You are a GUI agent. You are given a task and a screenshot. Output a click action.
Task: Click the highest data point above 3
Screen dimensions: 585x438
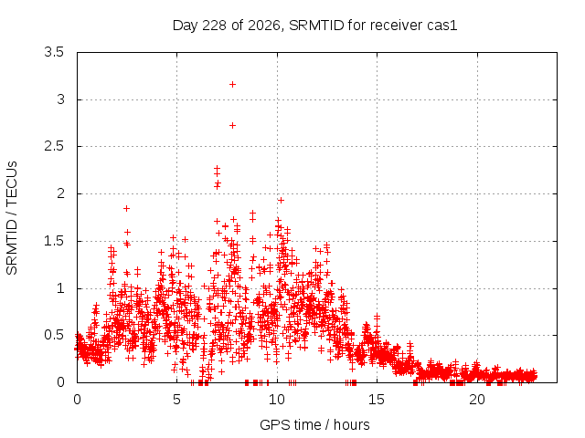pyautogui.click(x=232, y=85)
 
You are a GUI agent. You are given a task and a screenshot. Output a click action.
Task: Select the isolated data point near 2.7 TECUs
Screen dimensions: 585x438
pyautogui.click(x=232, y=126)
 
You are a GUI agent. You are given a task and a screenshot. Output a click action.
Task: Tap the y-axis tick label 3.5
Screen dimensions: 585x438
pyautogui.click(x=54, y=52)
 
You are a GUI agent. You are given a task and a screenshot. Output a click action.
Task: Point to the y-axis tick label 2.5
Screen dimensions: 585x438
pyautogui.click(x=54, y=146)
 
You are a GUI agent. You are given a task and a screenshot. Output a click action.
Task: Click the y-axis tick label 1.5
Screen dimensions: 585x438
pyautogui.click(x=54, y=241)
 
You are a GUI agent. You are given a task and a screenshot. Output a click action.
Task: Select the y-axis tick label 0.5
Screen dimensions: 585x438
pyautogui.click(x=54, y=335)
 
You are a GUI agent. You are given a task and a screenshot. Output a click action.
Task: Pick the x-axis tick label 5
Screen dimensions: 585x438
pyautogui.click(x=176, y=400)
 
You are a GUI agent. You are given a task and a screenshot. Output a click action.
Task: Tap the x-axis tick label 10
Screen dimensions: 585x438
pyautogui.click(x=277, y=400)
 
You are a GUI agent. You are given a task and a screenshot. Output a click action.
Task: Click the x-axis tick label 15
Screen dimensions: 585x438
pyautogui.click(x=377, y=400)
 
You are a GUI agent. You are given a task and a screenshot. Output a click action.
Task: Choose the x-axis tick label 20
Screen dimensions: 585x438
pyautogui.click(x=477, y=400)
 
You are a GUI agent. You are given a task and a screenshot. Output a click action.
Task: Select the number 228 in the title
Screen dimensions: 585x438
pyautogui.click(x=214, y=26)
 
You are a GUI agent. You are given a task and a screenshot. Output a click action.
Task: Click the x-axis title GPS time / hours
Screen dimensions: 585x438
pyautogui.click(x=314, y=424)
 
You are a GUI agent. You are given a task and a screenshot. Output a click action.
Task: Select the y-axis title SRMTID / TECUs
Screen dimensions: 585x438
pyautogui.click(x=12, y=218)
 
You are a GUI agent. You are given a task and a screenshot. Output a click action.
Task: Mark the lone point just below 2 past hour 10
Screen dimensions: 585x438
pyautogui.click(x=281, y=201)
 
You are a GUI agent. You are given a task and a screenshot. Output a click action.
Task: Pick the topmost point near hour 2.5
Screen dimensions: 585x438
pyautogui.click(x=126, y=209)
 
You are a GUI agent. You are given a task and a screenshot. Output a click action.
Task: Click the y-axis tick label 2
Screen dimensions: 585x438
pyautogui.click(x=61, y=193)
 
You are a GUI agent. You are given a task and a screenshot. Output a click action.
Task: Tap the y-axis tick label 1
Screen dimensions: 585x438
pyautogui.click(x=61, y=288)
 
